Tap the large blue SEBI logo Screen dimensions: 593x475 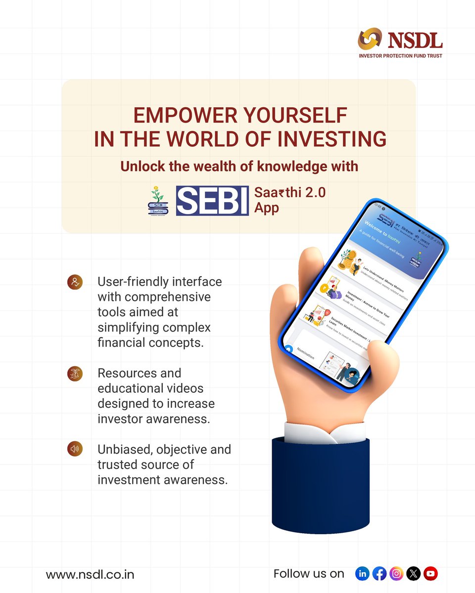point(212,200)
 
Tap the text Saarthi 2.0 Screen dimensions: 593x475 point(289,192)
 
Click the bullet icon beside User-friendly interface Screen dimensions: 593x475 point(74,283)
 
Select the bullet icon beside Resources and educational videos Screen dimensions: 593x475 point(74,374)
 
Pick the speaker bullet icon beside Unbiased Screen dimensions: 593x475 point(74,449)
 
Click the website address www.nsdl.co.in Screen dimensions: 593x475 point(90,575)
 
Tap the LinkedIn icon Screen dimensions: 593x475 point(363,574)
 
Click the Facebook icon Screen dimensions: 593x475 point(380,574)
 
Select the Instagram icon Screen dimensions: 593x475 point(396,574)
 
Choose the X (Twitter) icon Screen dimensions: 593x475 point(413,574)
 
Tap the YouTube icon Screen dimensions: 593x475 point(430,574)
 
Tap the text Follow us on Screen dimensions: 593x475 point(309,574)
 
